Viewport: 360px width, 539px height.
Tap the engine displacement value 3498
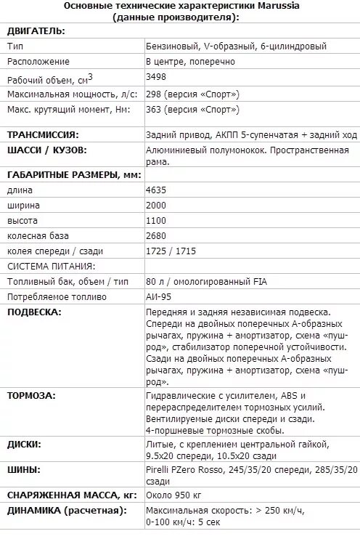click(x=157, y=77)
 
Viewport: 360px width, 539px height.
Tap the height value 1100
click(x=157, y=221)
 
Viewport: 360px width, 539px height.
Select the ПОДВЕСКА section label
click(x=34, y=312)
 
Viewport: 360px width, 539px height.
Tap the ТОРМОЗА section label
click(x=32, y=397)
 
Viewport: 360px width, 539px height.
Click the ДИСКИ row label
click(x=24, y=444)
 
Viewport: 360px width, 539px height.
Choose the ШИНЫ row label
click(x=23, y=470)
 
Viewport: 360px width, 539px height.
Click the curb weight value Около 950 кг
click(x=173, y=495)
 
